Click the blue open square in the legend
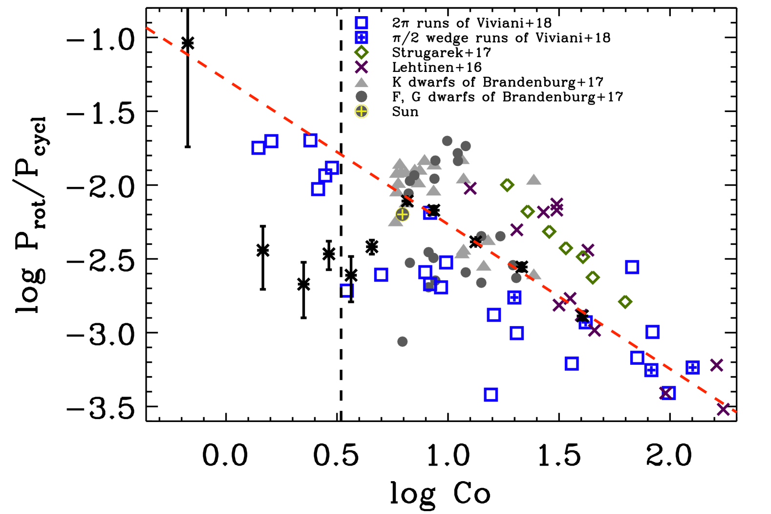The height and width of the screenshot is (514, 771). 362,23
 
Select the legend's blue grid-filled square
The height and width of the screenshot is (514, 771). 362,38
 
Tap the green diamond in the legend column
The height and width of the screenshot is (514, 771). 362,52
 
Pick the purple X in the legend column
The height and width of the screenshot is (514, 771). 362,67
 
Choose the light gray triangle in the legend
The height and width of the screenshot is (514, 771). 362,83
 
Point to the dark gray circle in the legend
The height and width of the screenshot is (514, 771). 362,96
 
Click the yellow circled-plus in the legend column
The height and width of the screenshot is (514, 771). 362,112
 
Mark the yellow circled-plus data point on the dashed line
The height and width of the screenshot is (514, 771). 403,214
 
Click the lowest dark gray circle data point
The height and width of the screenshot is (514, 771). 403,341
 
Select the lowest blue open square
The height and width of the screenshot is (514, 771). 491,395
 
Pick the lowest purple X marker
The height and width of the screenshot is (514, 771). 723,410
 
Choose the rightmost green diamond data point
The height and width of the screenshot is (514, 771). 625,302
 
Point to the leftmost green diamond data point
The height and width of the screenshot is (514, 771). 507,185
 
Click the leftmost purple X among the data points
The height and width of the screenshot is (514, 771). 470,188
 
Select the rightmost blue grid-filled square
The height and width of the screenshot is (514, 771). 693,367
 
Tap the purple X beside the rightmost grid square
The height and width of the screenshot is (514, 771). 716,365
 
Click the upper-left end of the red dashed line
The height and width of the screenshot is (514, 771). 147,28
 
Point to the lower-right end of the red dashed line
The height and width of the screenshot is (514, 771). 736,412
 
